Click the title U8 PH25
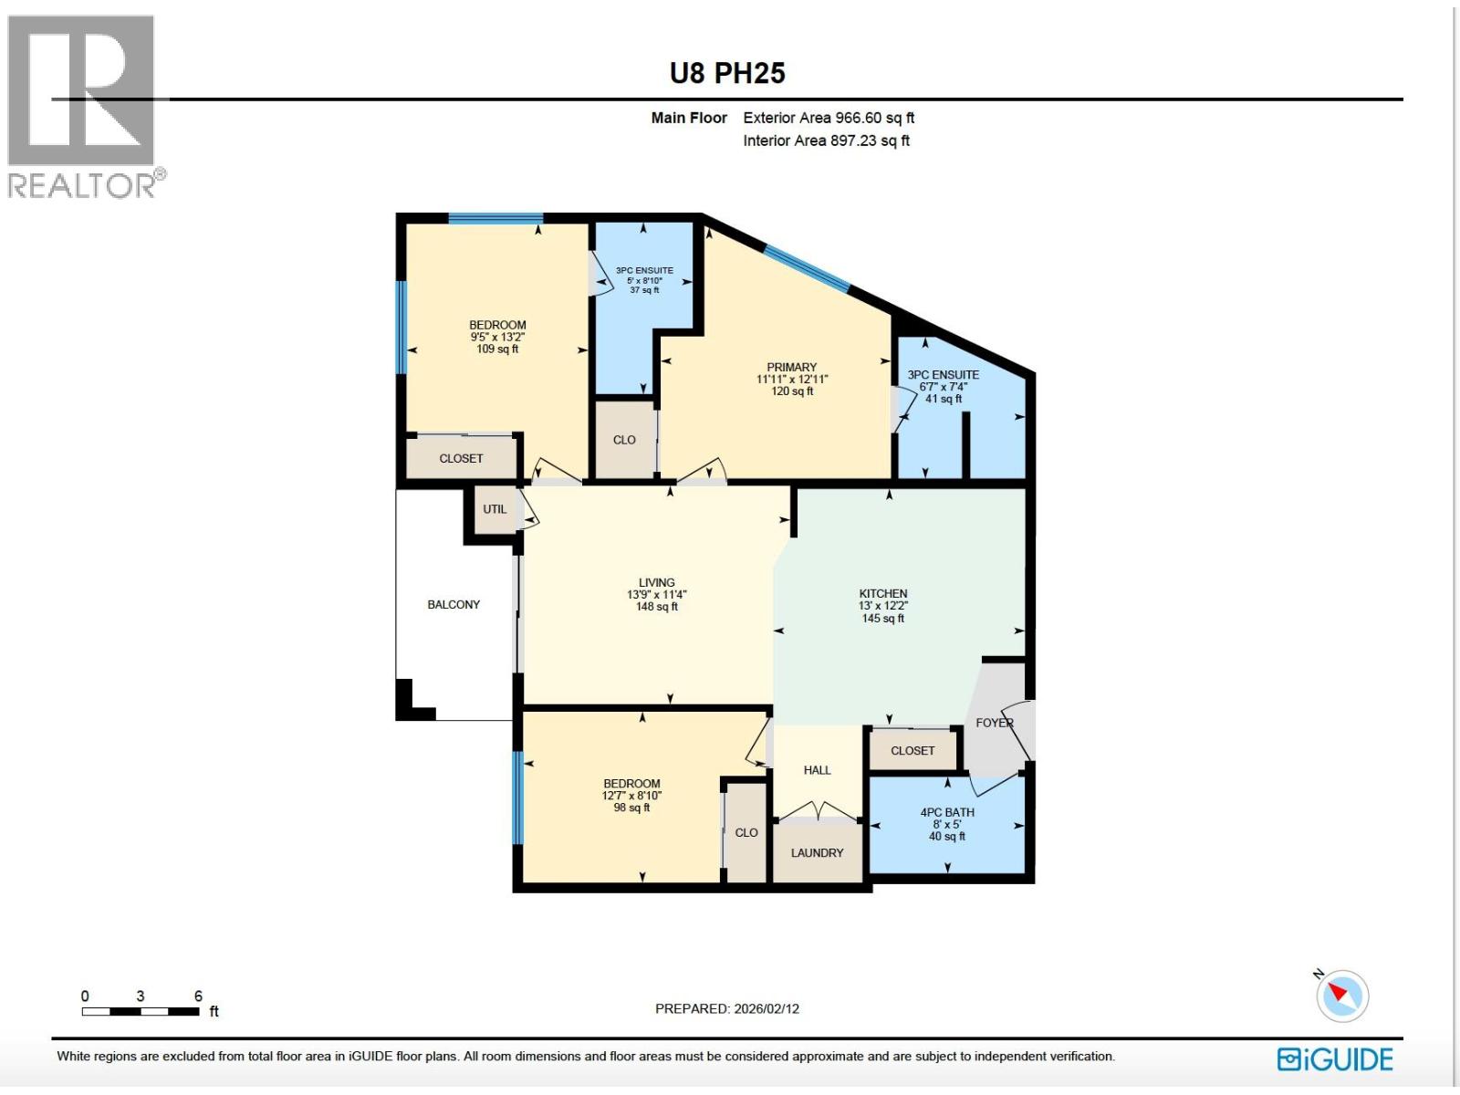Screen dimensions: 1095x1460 (727, 73)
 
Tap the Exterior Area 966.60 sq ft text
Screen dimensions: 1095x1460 (828, 118)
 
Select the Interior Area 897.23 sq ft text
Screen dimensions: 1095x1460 (826, 141)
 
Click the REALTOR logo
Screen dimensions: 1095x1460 (84, 108)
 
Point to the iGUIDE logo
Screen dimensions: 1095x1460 (1335, 1058)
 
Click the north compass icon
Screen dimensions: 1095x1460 (1342, 995)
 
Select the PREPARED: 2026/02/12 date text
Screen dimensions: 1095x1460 (727, 1008)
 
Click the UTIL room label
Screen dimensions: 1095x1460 (495, 509)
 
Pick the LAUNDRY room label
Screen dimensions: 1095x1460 (817, 852)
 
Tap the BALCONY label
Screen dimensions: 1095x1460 (454, 604)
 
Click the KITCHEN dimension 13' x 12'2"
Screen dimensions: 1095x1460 (882, 606)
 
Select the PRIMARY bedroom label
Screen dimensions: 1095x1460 (791, 367)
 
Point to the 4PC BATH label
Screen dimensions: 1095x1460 (947, 812)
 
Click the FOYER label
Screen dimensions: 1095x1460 (995, 723)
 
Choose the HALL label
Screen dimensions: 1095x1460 (817, 770)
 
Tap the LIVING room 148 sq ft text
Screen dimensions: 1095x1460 (656, 607)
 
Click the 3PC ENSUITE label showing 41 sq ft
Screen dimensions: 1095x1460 (944, 375)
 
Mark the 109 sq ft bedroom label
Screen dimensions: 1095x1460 (497, 349)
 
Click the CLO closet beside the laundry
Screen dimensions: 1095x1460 (746, 832)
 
